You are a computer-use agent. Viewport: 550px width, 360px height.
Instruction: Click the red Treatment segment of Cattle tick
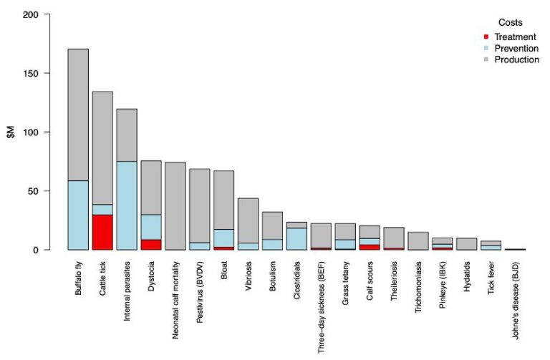(102, 232)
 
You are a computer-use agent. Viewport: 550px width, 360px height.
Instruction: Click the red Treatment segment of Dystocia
(151, 244)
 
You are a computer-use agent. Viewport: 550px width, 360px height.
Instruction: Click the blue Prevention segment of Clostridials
(297, 238)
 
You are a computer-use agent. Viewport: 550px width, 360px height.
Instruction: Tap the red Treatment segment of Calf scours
(370, 247)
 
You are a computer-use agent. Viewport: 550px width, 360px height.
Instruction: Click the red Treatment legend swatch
(486, 37)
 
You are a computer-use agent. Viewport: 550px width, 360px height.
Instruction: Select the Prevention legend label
(516, 48)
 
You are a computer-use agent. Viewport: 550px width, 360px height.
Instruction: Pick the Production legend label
(516, 59)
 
